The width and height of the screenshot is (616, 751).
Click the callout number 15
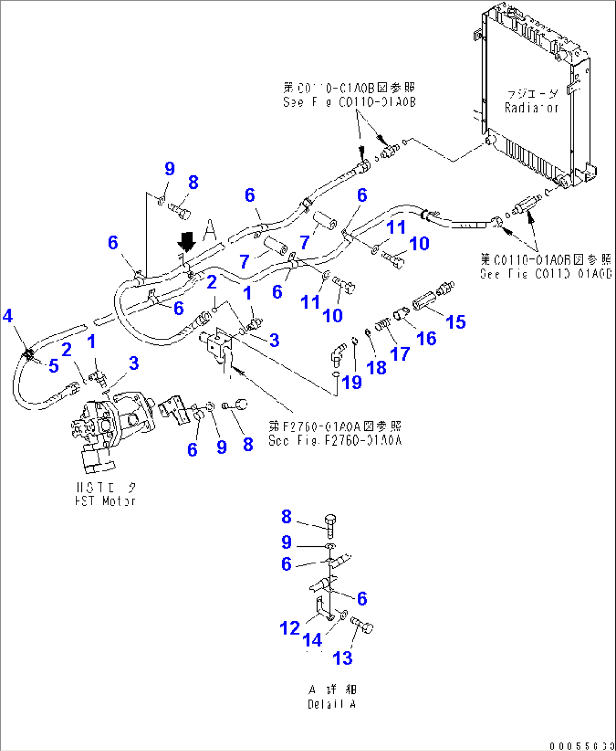(x=456, y=322)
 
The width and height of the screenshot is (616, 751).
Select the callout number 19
(x=352, y=382)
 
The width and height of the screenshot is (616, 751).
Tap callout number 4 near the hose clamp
(x=7, y=316)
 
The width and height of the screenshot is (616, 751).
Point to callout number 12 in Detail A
(x=289, y=628)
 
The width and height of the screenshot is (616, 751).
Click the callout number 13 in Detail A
(x=342, y=658)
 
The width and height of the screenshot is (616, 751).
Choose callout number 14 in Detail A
(x=312, y=640)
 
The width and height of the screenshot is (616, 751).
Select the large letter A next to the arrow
(x=209, y=230)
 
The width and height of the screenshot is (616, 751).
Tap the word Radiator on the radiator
(x=531, y=107)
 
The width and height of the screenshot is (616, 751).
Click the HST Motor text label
(x=106, y=500)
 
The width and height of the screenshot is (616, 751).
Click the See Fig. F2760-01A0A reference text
(x=335, y=441)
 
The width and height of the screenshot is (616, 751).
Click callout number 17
(x=400, y=354)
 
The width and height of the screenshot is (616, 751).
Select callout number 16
(x=426, y=338)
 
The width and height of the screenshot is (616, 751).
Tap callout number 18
(x=376, y=367)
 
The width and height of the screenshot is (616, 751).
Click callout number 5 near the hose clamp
(x=54, y=365)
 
